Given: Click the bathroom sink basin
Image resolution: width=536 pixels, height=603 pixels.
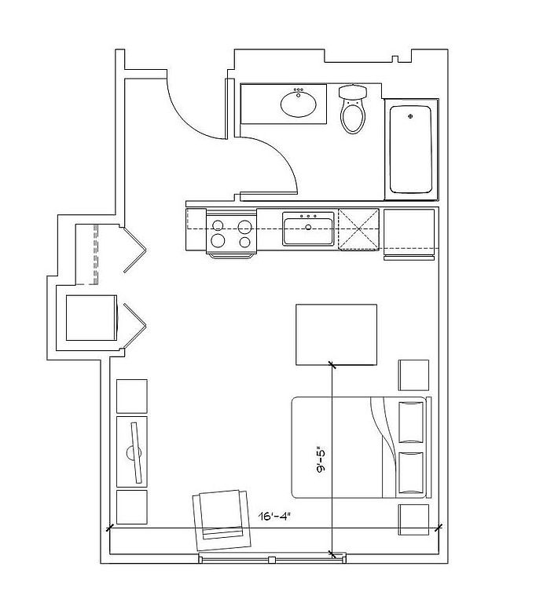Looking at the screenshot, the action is tap(299, 104).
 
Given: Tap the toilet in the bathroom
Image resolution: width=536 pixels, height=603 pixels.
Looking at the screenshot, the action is tap(353, 109).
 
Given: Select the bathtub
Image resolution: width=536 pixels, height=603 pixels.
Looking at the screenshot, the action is tap(410, 149).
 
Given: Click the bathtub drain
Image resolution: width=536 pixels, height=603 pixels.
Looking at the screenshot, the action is tap(410, 115).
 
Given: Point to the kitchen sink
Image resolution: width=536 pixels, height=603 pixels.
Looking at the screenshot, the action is tap(308, 228).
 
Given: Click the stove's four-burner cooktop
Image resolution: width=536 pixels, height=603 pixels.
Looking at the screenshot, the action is tap(231, 234).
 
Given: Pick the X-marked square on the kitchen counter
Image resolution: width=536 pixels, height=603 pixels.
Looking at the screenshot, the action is tap(358, 229).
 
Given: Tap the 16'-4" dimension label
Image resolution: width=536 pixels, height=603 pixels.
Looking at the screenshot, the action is tap(274, 516).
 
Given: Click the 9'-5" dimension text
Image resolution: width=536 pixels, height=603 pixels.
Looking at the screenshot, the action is tap(321, 459).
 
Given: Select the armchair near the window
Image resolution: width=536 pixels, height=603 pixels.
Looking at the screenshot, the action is tap(222, 520).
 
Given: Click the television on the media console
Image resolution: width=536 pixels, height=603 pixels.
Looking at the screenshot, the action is tap(134, 452).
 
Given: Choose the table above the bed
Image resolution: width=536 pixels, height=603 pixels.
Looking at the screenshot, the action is tap(336, 334).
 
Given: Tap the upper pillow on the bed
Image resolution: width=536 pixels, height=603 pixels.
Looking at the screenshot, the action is tap(411, 422).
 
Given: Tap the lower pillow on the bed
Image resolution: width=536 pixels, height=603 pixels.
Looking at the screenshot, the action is tap(411, 473).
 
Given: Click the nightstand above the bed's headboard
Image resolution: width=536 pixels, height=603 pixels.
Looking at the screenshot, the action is tap(413, 375).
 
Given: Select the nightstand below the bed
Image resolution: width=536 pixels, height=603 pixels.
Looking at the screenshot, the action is tap(413, 520).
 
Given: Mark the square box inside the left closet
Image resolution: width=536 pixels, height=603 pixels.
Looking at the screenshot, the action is tap(91, 318).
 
